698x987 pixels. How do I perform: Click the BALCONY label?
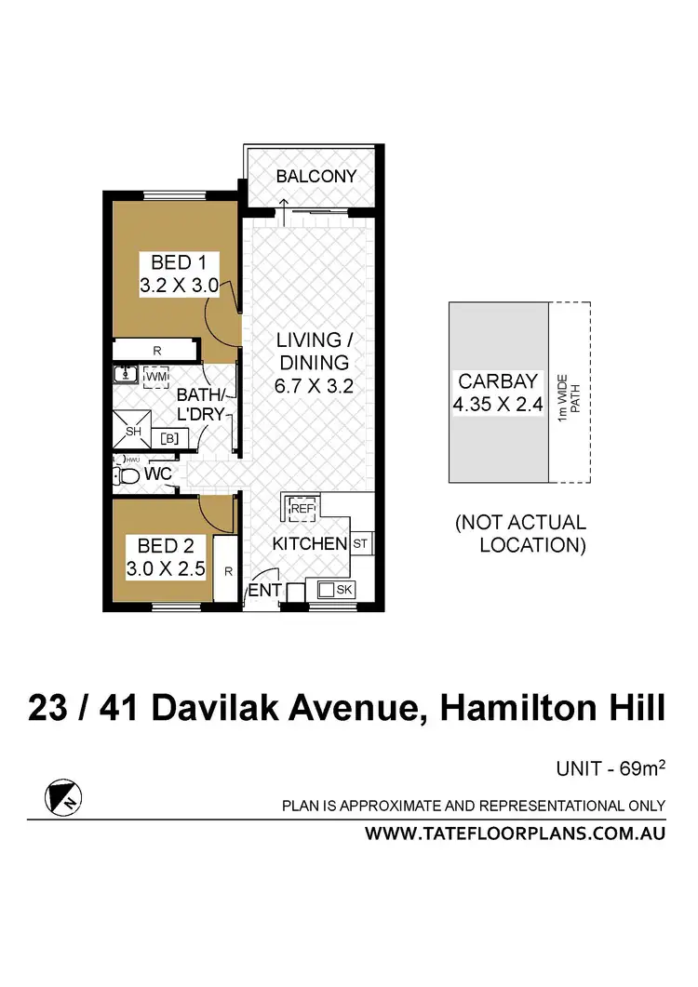click(315, 176)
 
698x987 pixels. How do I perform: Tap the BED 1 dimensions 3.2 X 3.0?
click(179, 287)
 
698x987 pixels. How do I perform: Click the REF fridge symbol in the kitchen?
click(302, 509)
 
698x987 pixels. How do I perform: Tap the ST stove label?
click(359, 542)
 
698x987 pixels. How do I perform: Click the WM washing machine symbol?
click(156, 376)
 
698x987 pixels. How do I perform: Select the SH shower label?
click(133, 431)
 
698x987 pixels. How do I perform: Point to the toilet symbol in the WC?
click(128, 476)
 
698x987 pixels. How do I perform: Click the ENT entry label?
click(264, 591)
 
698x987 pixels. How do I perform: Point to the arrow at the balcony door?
click(284, 210)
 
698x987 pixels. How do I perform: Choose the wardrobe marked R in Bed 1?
click(156, 350)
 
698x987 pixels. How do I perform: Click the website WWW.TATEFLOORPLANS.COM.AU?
click(515, 834)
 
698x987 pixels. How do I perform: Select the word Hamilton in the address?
click(517, 708)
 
